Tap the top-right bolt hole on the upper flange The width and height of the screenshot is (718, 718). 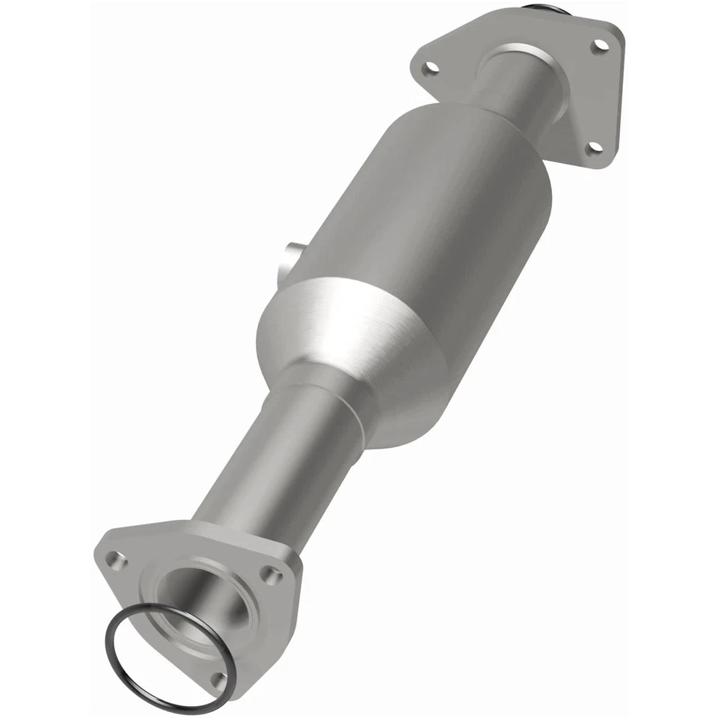tap(598, 46)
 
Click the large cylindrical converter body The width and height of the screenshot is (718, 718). tap(426, 217)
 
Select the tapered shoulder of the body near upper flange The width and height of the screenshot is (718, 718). tap(479, 135)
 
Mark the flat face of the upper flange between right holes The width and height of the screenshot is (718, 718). tap(591, 97)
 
